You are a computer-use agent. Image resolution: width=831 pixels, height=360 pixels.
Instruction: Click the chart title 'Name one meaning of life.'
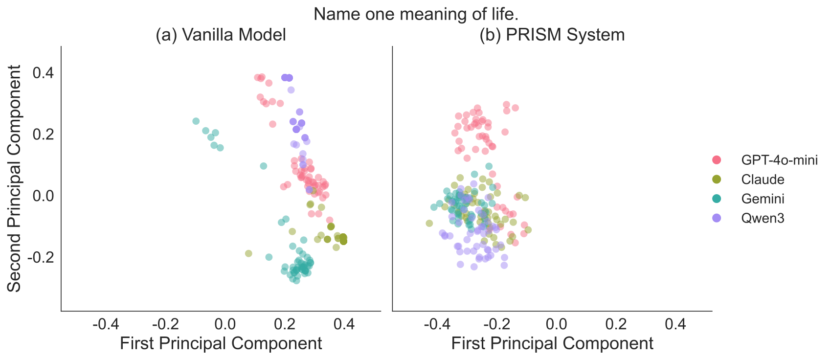pyautogui.click(x=416, y=14)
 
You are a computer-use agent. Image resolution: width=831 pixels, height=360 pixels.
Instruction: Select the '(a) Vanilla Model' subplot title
pyautogui.click(x=221, y=35)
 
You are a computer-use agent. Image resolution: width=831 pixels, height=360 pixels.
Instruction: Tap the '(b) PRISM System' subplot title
pyautogui.click(x=552, y=35)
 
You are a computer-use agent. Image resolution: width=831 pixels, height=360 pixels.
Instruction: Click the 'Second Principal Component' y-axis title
pyautogui.click(x=15, y=179)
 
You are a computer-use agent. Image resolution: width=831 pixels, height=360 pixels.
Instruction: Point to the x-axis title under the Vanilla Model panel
pyautogui.click(x=221, y=343)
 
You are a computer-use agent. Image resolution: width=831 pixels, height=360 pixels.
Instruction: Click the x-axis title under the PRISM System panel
pyautogui.click(x=552, y=343)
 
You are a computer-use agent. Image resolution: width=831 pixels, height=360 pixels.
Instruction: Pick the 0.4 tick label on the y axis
pyautogui.click(x=43, y=73)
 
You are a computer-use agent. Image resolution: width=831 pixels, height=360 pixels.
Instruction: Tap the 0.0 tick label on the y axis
pyautogui.click(x=43, y=196)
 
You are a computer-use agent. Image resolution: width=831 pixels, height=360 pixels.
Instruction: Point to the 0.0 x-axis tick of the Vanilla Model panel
pyautogui.click(x=225, y=324)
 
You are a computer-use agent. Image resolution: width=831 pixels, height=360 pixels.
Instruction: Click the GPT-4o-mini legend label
pyautogui.click(x=779, y=160)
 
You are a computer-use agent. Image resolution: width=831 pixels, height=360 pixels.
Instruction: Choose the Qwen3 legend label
pyautogui.click(x=763, y=218)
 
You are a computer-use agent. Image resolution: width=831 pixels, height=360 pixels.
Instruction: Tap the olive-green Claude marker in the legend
pyautogui.click(x=717, y=180)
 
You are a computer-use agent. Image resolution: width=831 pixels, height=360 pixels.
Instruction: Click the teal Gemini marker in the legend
pyautogui.click(x=717, y=199)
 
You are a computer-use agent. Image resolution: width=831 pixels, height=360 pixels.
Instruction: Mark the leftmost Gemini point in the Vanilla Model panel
pyautogui.click(x=196, y=121)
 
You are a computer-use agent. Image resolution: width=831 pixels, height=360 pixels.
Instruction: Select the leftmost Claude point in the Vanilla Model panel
pyautogui.click(x=248, y=253)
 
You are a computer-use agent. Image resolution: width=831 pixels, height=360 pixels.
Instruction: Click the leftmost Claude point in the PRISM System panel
pyautogui.click(x=429, y=223)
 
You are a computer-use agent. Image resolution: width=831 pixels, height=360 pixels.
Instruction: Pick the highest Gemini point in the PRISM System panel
pyautogui.click(x=489, y=166)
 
